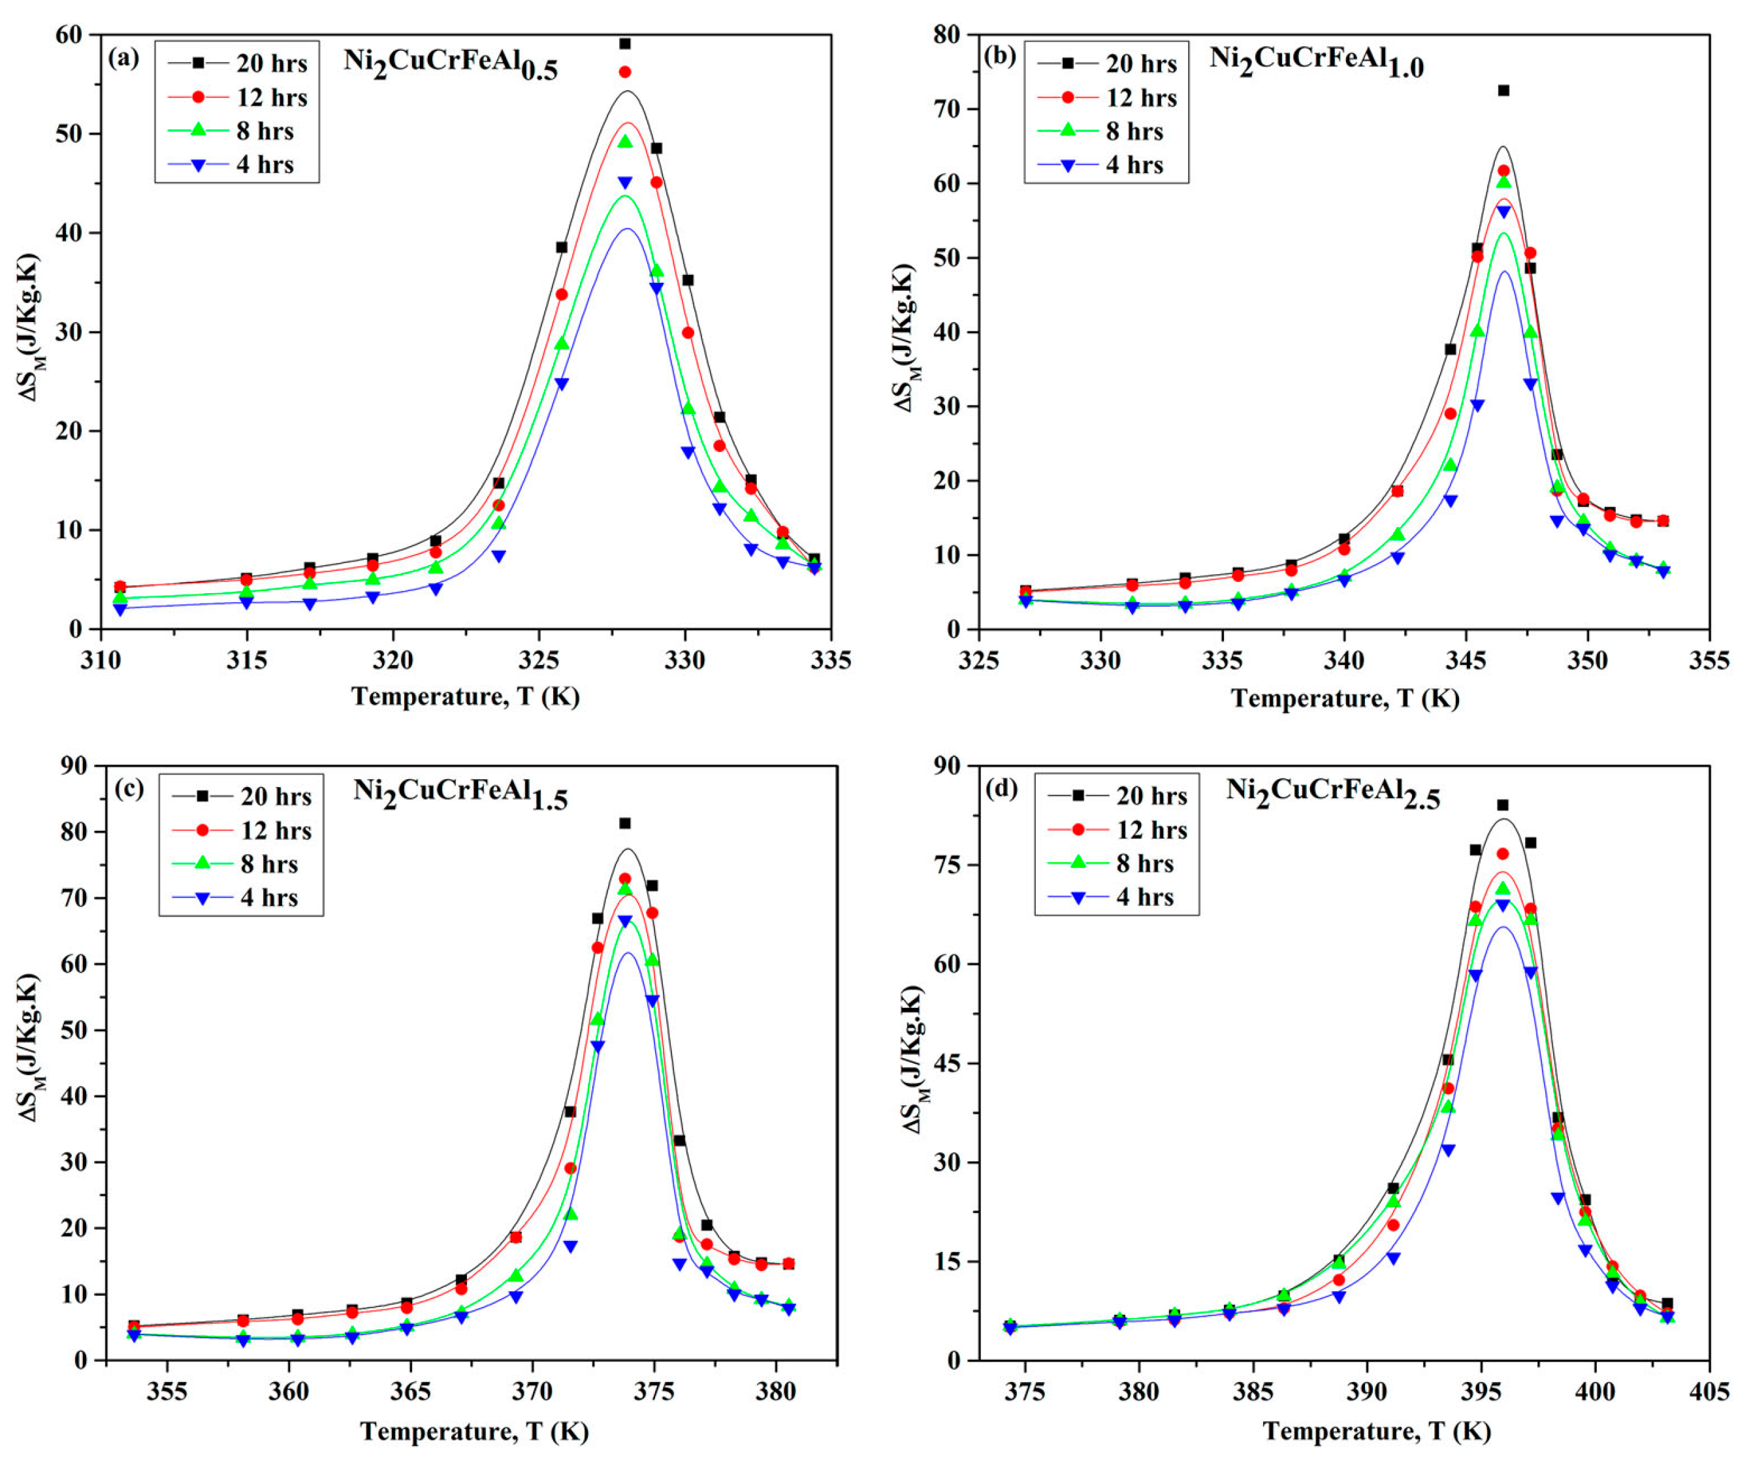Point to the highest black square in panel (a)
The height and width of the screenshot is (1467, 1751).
coord(624,43)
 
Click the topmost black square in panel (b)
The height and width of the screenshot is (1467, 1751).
coord(1503,90)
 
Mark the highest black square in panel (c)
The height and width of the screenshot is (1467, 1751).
coord(624,823)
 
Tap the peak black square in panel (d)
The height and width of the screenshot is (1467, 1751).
coord(1503,805)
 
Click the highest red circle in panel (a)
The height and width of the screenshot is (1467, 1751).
coord(624,72)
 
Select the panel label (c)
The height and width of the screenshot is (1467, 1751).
coord(129,788)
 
